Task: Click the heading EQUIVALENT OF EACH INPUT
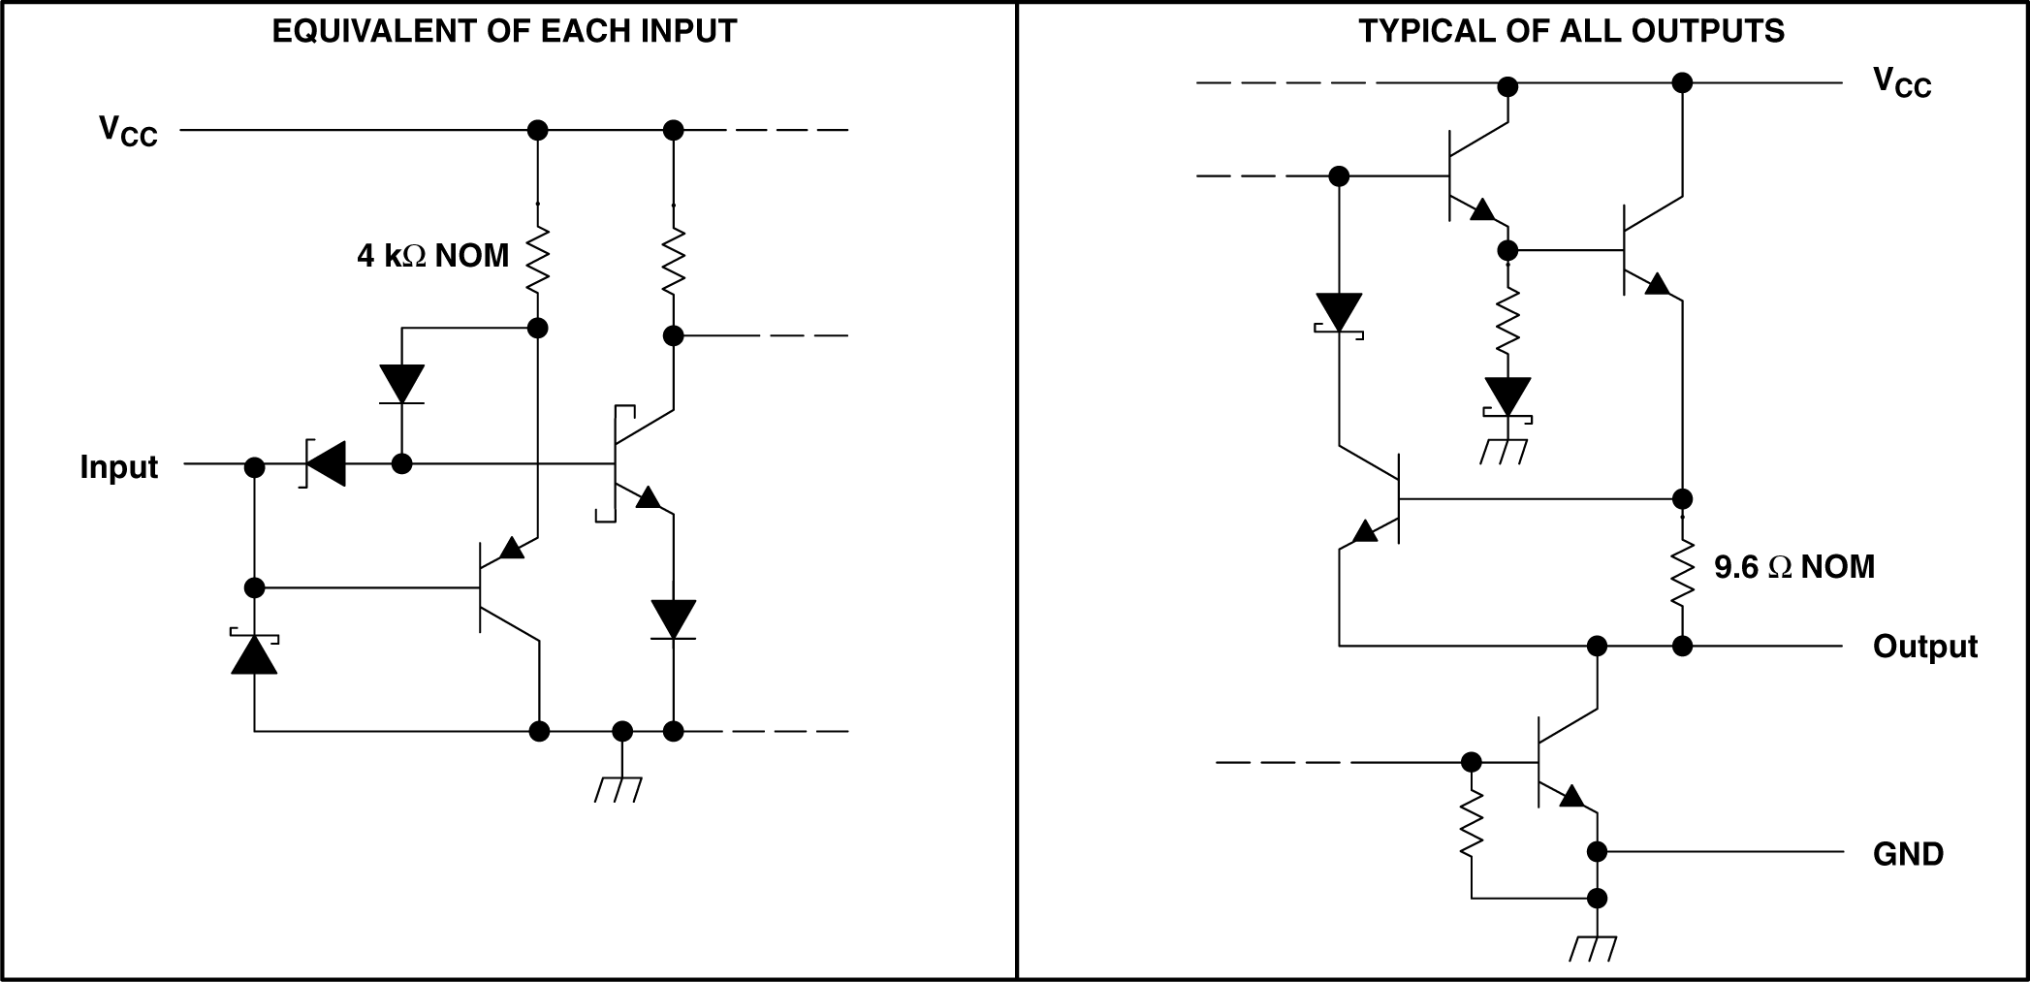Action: pos(504,31)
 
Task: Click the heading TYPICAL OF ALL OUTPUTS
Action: pos(1571,31)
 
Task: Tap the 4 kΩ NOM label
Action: pos(432,256)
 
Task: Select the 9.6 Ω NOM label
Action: pos(1793,567)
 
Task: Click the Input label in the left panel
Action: pos(118,467)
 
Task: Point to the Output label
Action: pos(1924,647)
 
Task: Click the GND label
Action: pos(1908,854)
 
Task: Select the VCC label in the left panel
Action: pos(128,130)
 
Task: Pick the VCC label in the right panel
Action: pos(1901,82)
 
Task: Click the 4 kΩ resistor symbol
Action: pos(537,260)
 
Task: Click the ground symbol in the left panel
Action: pos(619,787)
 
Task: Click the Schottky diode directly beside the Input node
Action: pos(325,464)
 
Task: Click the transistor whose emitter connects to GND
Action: pos(1561,764)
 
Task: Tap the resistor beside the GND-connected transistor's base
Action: pos(1472,823)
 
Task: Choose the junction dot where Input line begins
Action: pos(255,467)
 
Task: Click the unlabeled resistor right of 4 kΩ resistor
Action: pos(674,260)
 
